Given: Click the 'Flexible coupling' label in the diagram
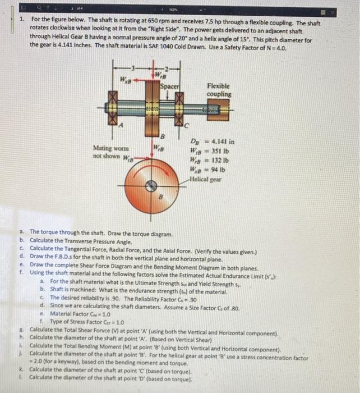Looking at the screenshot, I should (218, 90).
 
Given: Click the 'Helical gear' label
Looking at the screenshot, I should (208, 177).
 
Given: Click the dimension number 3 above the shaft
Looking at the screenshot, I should (132, 68).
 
